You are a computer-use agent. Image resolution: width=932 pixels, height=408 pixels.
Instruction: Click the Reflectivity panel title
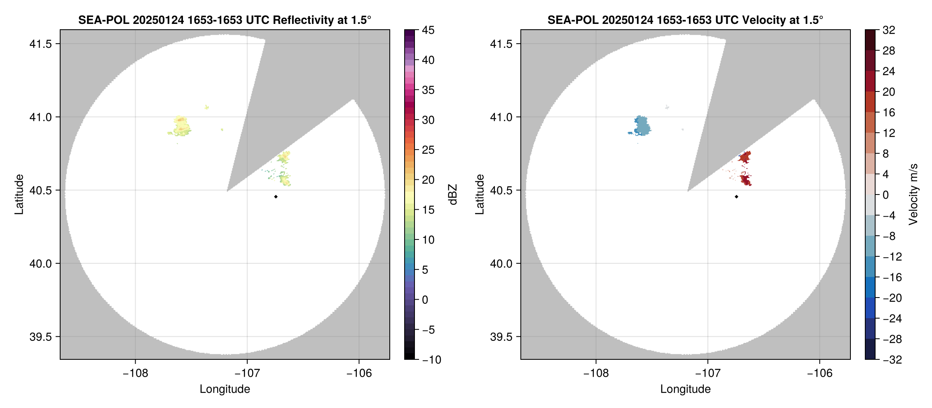pyautogui.click(x=225, y=20)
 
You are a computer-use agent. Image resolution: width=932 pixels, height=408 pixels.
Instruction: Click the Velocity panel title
pyautogui.click(x=685, y=20)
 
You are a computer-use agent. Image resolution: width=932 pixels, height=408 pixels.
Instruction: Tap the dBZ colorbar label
pyautogui.click(x=453, y=195)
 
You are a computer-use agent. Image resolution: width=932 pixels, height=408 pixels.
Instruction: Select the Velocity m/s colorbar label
pyautogui.click(x=913, y=195)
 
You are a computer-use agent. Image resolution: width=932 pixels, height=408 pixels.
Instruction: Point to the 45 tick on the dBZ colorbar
pyautogui.click(x=428, y=30)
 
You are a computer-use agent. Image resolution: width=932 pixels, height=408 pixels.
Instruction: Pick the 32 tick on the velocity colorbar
pyautogui.click(x=888, y=30)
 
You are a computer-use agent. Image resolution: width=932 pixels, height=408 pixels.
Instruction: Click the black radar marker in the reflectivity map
pyautogui.click(x=276, y=197)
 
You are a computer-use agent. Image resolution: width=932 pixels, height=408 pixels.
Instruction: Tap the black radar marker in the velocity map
pyautogui.click(x=736, y=197)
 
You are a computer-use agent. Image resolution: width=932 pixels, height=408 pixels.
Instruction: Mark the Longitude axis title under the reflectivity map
pyautogui.click(x=225, y=389)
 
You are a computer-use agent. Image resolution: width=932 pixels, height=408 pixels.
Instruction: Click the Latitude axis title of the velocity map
pyautogui.click(x=479, y=195)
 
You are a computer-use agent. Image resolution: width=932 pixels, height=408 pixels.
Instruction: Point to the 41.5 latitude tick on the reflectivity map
pyautogui.click(x=40, y=44)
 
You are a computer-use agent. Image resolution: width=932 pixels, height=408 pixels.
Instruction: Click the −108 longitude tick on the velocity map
pyautogui.click(x=596, y=373)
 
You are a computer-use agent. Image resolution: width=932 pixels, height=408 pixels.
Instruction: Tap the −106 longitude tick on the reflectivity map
pyautogui.click(x=359, y=373)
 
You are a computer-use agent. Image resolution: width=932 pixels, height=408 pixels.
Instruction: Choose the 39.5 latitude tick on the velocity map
pyautogui.click(x=501, y=337)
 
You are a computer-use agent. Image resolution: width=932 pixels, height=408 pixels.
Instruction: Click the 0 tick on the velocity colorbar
pyautogui.click(x=886, y=195)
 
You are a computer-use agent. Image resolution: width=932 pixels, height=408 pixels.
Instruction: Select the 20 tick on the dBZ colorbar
pyautogui.click(x=428, y=180)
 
